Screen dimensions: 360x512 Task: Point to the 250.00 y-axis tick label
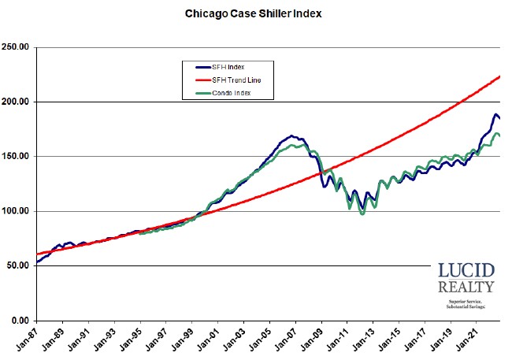[x=17, y=47]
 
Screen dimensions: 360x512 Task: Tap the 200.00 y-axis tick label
[x=17, y=102]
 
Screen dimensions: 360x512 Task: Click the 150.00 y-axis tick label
[x=17, y=157]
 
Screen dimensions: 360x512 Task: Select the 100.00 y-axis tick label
[x=17, y=211]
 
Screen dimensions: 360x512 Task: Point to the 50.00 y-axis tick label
[x=18, y=265]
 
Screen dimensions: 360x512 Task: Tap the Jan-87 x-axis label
[x=30, y=341]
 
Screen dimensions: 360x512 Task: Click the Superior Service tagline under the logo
[x=467, y=301]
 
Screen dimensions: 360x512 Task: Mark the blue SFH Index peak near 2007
[x=291, y=136]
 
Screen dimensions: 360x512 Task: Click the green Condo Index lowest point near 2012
[x=362, y=213]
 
